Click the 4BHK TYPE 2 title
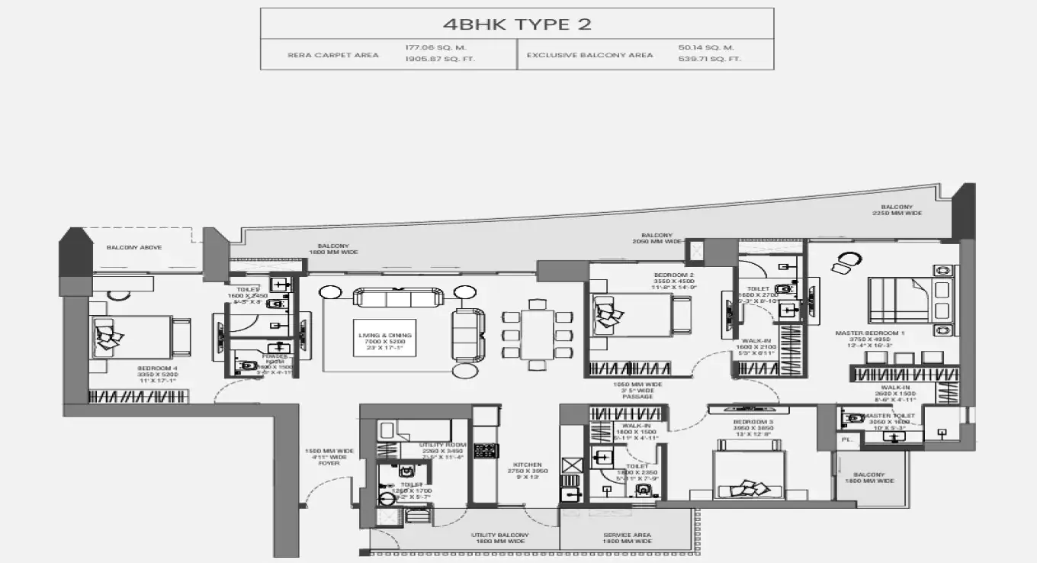517,24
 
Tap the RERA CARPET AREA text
333,55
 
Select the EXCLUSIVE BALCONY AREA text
589,55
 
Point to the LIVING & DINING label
385,335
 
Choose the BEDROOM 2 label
674,275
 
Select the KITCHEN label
527,465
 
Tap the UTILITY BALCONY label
499,536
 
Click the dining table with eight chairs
538,334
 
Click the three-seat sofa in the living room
397,297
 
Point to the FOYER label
329,463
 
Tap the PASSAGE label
638,397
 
